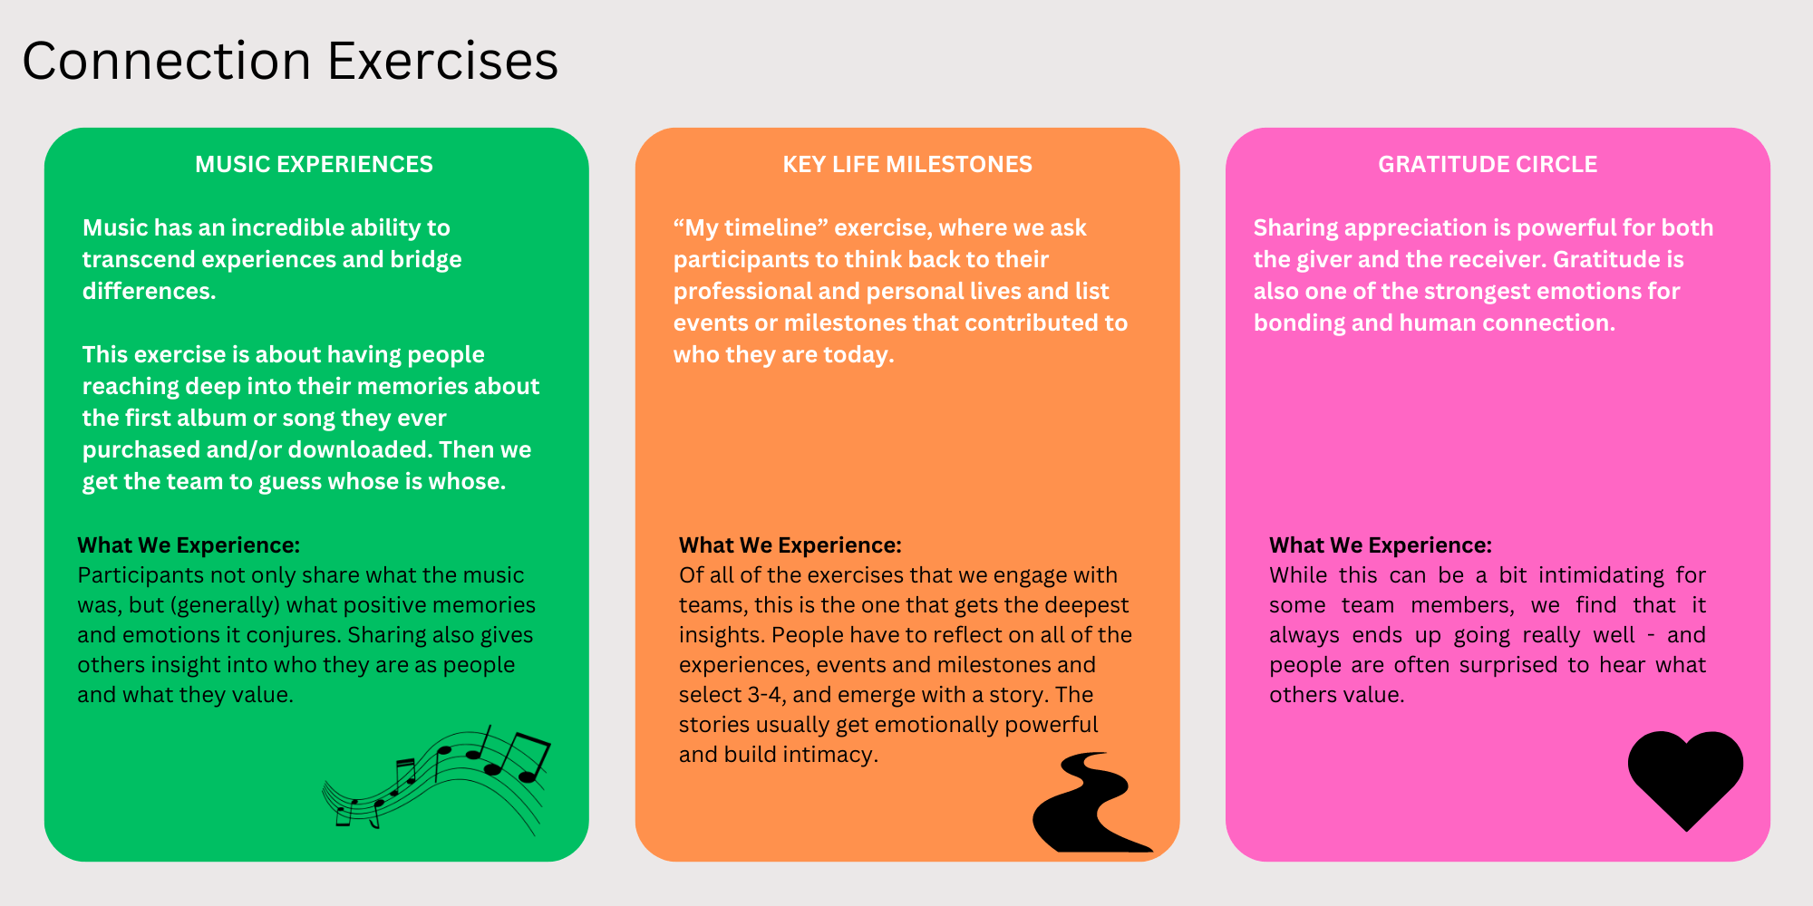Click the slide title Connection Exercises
pyautogui.click(x=290, y=61)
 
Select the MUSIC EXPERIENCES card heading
pyautogui.click(x=314, y=164)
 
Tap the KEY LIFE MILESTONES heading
pyautogui.click(x=907, y=164)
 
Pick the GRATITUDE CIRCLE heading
pyautogui.click(x=1488, y=164)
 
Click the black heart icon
pyautogui.click(x=1685, y=777)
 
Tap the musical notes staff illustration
pyautogui.click(x=437, y=779)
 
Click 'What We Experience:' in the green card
pyautogui.click(x=189, y=545)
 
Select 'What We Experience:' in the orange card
pyautogui.click(x=790, y=545)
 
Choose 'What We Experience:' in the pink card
pyautogui.click(x=1381, y=545)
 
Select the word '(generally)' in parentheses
pyautogui.click(x=225, y=605)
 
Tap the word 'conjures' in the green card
pyautogui.click(x=298, y=635)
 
